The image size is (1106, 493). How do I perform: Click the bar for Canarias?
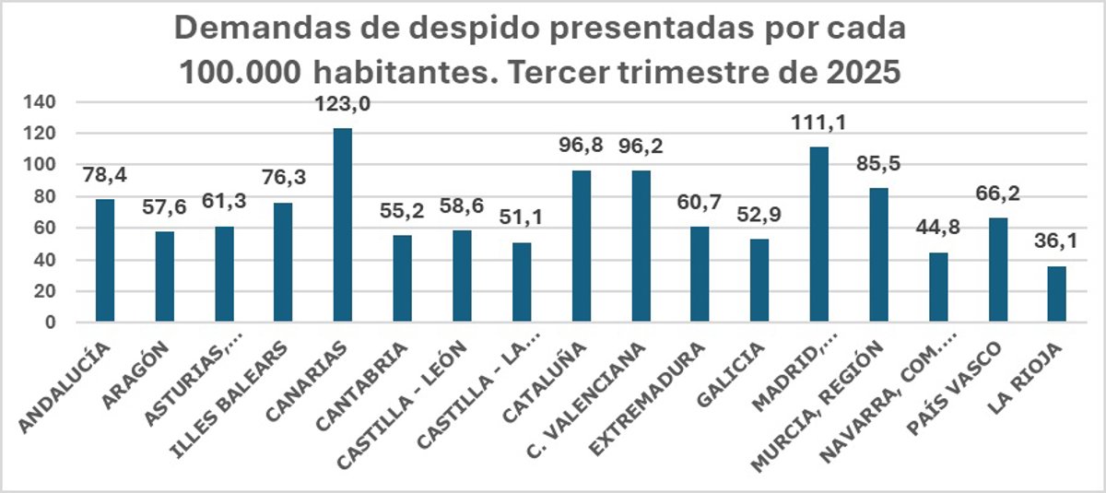coord(343,225)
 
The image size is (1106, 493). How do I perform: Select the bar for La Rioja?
coord(1057,294)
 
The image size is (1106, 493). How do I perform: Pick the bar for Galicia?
coord(759,280)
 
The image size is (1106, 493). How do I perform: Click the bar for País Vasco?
coord(997,270)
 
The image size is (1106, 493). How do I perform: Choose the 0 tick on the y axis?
coord(53,323)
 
